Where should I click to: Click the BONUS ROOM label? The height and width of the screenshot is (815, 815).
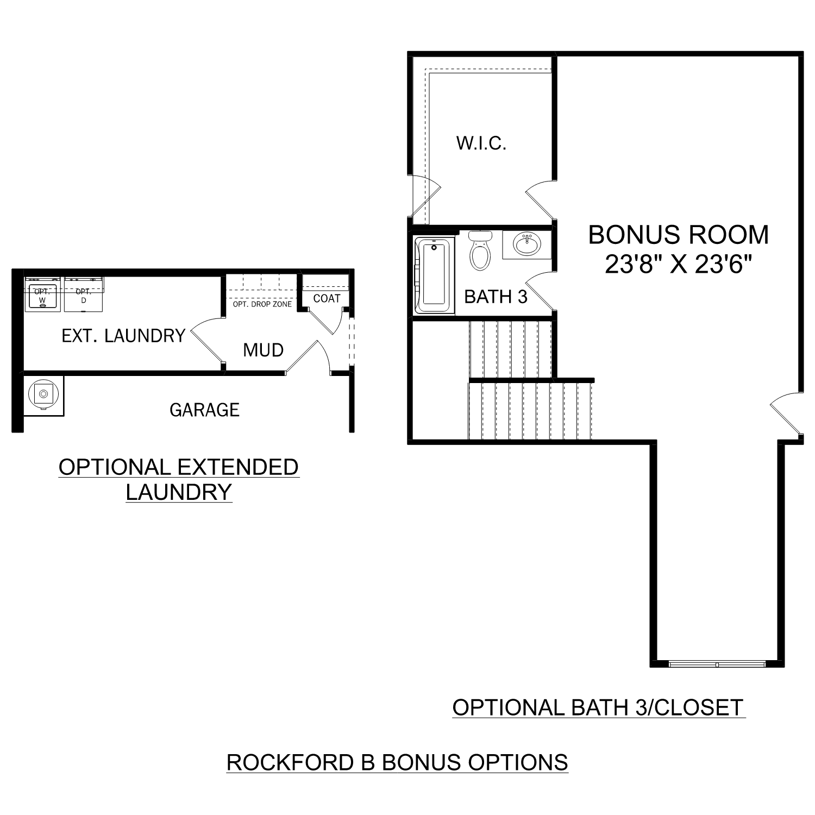(x=678, y=235)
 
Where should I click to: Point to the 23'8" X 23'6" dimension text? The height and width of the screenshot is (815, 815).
(x=678, y=265)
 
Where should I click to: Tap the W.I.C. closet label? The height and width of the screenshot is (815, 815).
(x=481, y=143)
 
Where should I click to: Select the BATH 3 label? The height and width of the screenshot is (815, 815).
(x=496, y=297)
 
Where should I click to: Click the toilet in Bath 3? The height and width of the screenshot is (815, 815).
(x=480, y=251)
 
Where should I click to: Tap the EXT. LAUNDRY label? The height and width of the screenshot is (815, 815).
(x=123, y=336)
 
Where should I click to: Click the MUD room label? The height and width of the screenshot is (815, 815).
(x=263, y=350)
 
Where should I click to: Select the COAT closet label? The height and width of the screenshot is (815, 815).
(x=327, y=298)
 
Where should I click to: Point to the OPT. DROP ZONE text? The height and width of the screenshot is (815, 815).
(x=262, y=304)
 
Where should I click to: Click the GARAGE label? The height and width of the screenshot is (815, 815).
(x=204, y=410)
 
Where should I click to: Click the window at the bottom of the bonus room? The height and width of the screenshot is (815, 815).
(x=717, y=664)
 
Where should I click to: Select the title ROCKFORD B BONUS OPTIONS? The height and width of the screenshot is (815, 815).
(x=397, y=762)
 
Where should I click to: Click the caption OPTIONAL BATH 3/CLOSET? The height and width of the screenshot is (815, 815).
(x=598, y=707)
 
